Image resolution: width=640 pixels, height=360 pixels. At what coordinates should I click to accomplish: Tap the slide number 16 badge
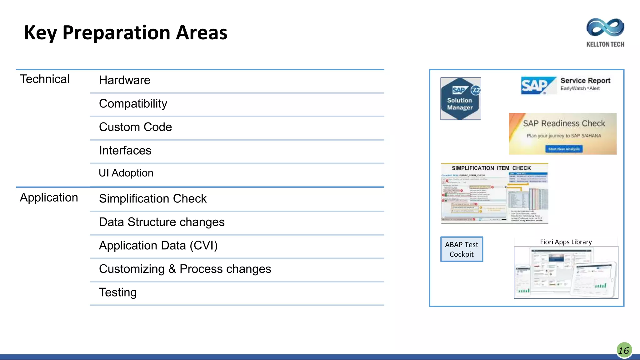(624, 350)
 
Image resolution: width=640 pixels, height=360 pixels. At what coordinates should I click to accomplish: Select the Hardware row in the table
(125, 80)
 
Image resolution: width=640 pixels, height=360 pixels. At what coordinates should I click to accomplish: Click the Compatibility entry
(133, 104)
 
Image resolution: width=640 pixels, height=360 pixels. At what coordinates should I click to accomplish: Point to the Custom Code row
(135, 127)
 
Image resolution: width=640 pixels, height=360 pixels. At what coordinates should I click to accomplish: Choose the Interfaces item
(125, 151)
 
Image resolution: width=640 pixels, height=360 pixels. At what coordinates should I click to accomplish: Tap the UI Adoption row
(126, 173)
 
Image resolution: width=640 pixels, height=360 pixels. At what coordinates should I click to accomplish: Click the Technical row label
(45, 79)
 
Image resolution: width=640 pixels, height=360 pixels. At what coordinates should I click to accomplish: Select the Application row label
(49, 197)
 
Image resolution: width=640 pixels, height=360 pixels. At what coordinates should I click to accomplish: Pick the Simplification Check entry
(153, 199)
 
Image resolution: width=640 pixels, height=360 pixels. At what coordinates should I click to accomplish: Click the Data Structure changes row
(162, 222)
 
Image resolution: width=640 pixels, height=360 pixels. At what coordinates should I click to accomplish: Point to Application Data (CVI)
(158, 246)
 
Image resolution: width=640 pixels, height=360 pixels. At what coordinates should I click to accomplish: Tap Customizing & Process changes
(185, 269)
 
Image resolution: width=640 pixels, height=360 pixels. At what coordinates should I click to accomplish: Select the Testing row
(118, 292)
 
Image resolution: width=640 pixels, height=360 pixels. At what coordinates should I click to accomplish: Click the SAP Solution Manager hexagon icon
(461, 99)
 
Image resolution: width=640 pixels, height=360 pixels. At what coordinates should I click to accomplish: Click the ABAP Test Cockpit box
(462, 249)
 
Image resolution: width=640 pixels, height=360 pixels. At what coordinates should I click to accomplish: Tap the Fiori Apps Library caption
(566, 242)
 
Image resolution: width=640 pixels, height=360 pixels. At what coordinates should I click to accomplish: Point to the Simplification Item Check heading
(491, 168)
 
